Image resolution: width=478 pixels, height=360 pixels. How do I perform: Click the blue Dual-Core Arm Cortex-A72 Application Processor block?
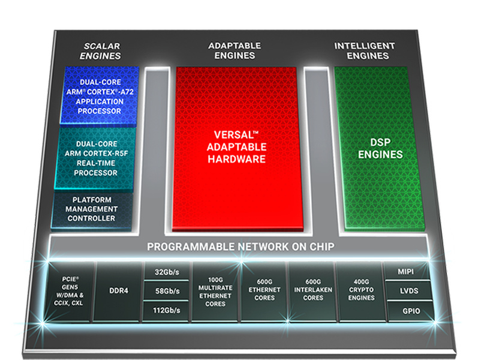pos(100,96)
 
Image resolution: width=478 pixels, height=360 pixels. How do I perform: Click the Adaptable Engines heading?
pos(235,50)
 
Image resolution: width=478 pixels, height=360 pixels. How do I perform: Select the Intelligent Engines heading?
pos(364,50)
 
